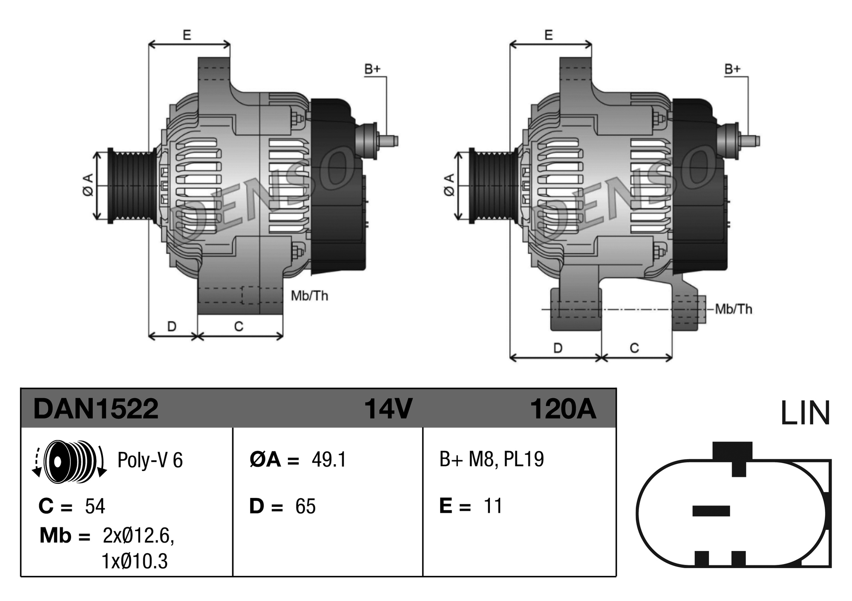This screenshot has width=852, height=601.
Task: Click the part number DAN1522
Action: coord(96,409)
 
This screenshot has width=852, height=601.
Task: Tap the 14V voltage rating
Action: coord(388,409)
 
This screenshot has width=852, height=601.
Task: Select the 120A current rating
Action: coord(562,409)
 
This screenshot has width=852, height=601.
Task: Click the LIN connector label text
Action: coord(805,413)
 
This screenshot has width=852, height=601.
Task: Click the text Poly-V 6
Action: coord(150,460)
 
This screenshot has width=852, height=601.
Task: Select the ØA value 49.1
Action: coord(329,459)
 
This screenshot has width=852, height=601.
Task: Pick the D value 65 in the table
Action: coord(305,506)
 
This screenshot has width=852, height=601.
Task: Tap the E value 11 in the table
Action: coord(493,506)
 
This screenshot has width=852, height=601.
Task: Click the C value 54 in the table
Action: coord(95,506)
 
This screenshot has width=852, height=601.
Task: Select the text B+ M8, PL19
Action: coord(492,459)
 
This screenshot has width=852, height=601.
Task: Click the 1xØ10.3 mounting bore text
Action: coord(135,561)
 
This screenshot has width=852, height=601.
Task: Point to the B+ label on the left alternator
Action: coord(372,69)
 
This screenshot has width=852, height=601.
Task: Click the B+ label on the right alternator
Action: coord(733,69)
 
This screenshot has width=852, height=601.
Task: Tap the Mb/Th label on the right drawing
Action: coord(734,309)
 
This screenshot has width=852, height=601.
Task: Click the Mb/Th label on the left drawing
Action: coord(310,296)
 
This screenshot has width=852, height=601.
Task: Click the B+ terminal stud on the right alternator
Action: coord(750,141)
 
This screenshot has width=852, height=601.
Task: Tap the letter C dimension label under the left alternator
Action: coord(239,327)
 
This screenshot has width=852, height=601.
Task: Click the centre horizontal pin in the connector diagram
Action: coord(711,511)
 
